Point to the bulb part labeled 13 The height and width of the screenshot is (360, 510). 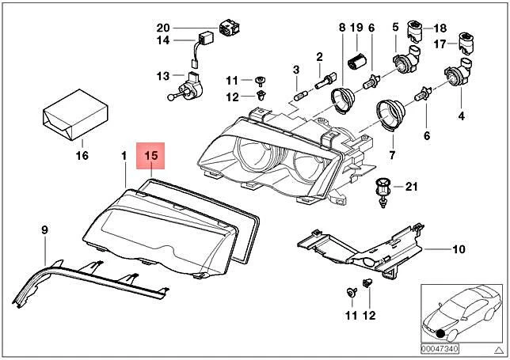pyautogui.click(x=191, y=82)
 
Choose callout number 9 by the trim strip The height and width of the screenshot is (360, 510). pyautogui.click(x=44, y=230)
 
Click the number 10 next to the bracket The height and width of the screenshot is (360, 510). pyautogui.click(x=459, y=251)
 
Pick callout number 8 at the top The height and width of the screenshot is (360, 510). pyautogui.click(x=342, y=28)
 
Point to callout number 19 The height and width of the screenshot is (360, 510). pyautogui.click(x=356, y=28)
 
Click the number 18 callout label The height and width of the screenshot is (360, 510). pyautogui.click(x=440, y=28)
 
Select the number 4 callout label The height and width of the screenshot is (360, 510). pyautogui.click(x=461, y=116)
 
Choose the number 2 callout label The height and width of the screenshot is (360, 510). pyautogui.click(x=319, y=57)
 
